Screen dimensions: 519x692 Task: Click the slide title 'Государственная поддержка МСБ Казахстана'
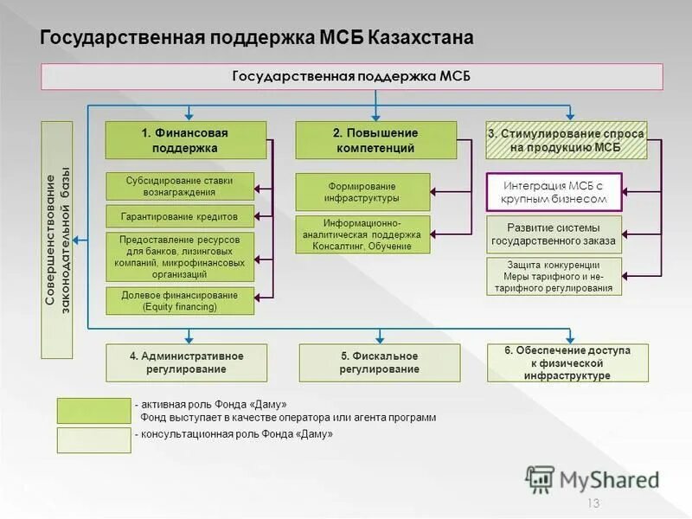[x=257, y=39]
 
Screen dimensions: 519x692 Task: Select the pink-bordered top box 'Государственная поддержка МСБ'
[x=352, y=76]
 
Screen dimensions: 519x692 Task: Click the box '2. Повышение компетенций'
[x=375, y=140]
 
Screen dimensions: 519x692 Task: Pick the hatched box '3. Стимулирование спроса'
[x=566, y=140]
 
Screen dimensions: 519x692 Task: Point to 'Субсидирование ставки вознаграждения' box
[x=181, y=185]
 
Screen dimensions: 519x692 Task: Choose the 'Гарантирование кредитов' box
[x=181, y=216]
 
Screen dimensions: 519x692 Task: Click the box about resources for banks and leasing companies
[x=181, y=256]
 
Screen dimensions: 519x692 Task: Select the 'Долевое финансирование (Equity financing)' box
[x=181, y=300]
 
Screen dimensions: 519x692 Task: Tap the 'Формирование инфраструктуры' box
[x=362, y=192]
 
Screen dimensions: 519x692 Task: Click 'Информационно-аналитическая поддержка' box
[x=362, y=234]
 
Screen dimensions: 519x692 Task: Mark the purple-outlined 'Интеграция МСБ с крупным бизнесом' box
[x=554, y=192]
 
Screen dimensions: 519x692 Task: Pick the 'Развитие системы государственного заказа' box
[x=554, y=234]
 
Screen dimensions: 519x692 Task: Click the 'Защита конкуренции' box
[x=554, y=277]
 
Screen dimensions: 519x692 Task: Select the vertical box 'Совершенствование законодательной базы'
[x=58, y=240]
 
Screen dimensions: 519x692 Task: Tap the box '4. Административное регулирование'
[x=186, y=362]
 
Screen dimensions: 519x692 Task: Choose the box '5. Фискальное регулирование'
[x=379, y=362]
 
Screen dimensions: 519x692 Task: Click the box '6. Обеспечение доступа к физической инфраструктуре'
[x=567, y=362]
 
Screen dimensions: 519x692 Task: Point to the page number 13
[x=593, y=504]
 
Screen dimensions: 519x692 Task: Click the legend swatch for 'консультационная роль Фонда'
[x=93, y=440]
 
